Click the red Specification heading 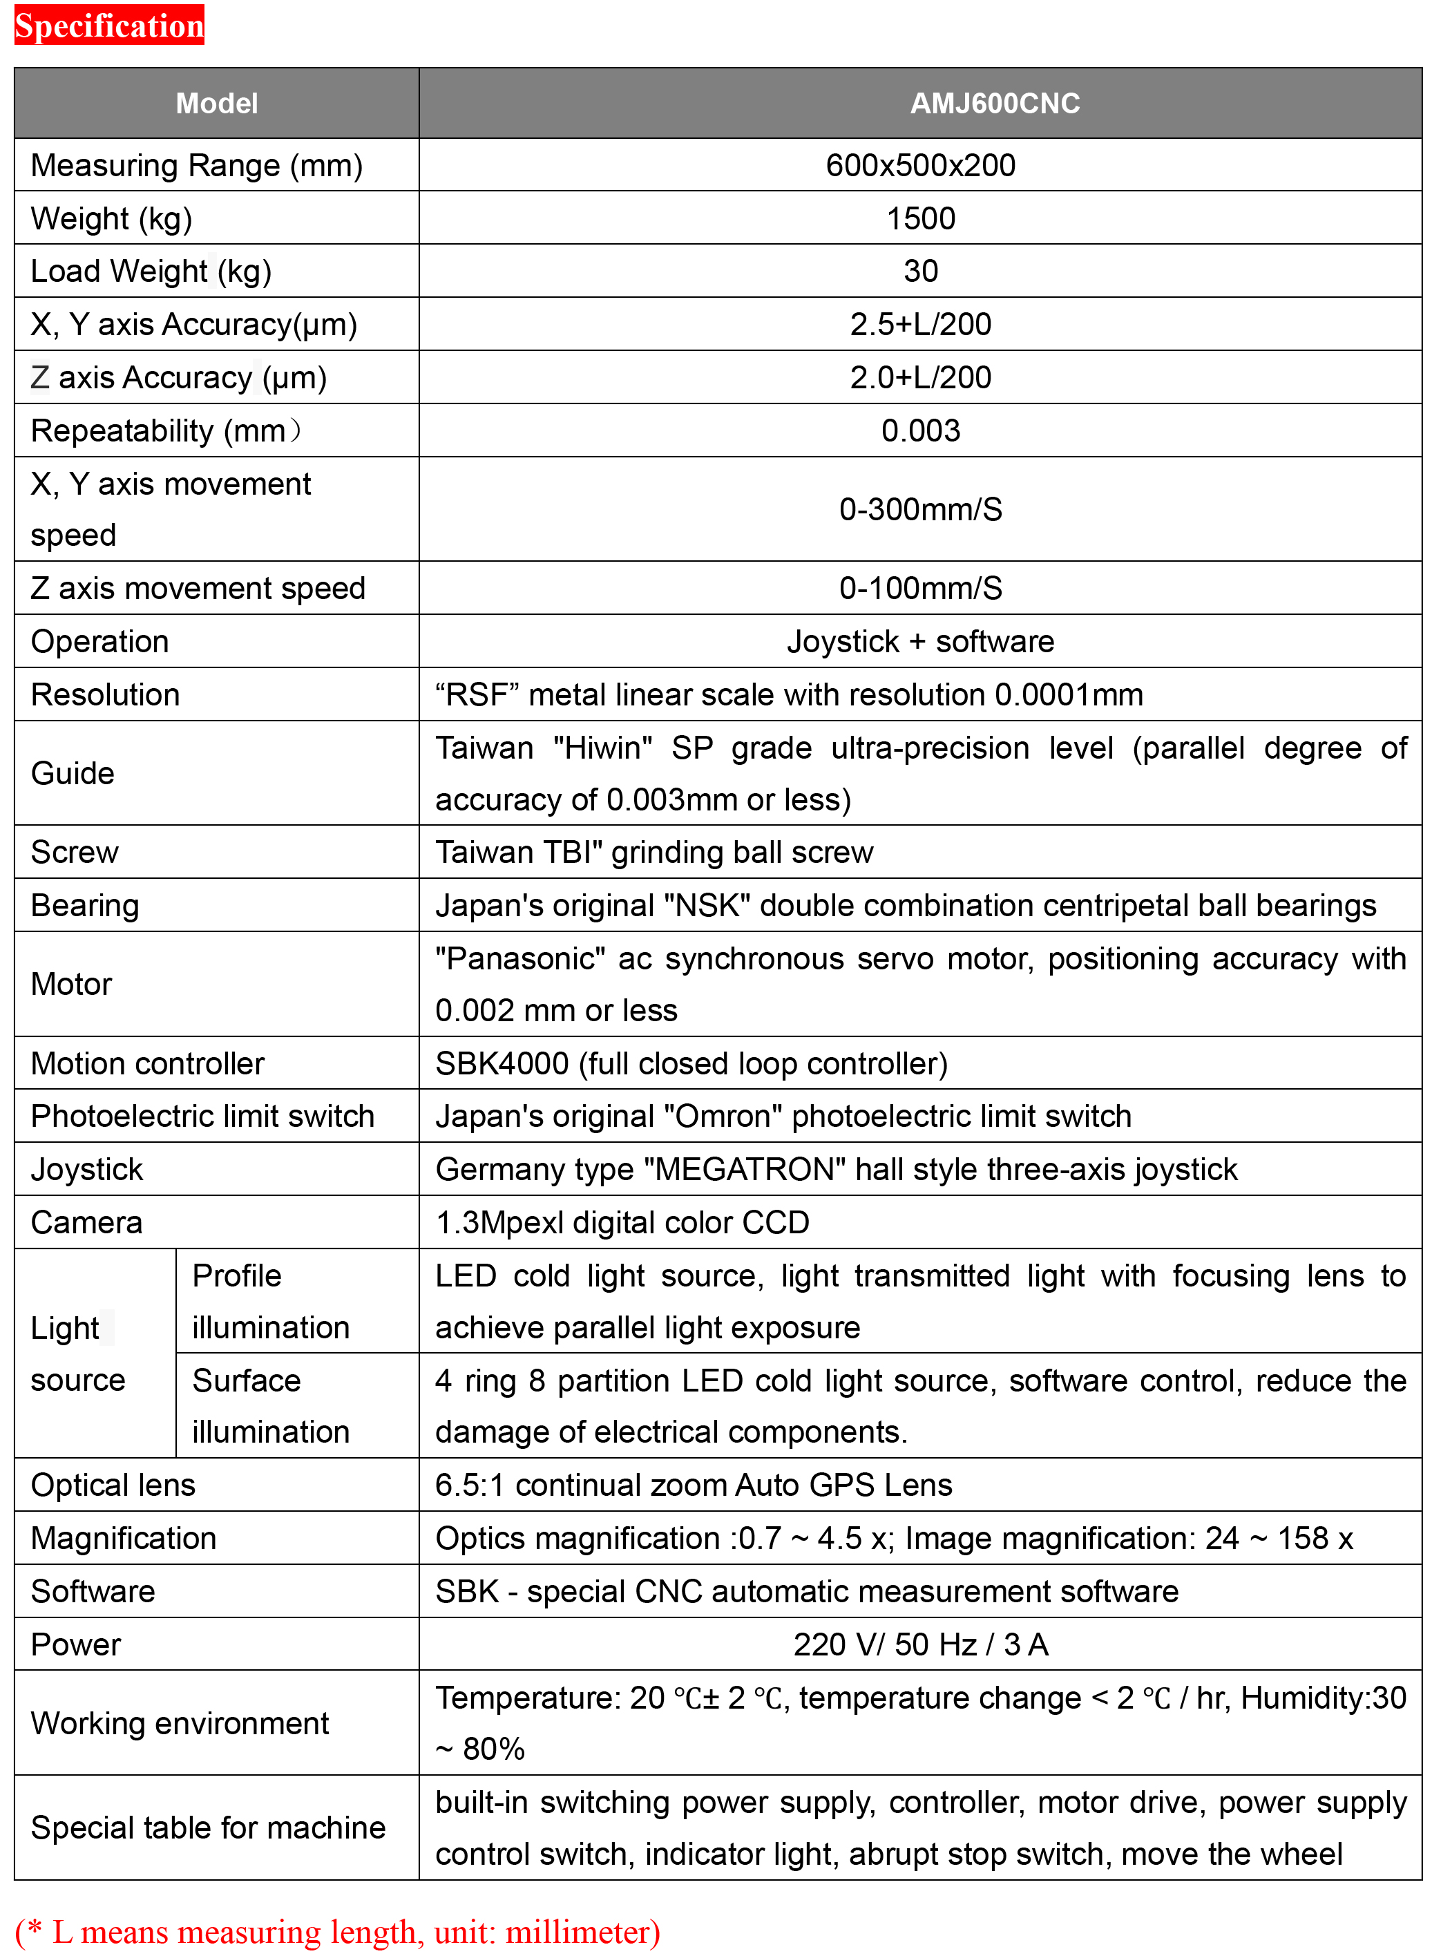point(109,25)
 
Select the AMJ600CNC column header point(994,103)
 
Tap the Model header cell point(217,103)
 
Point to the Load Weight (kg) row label point(151,272)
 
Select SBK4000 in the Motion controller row point(502,1064)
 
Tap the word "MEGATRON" point(745,1170)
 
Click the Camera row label point(86,1222)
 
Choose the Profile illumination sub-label point(271,1302)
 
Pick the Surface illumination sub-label point(271,1406)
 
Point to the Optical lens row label point(113,1485)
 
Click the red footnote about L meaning point(338,1932)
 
